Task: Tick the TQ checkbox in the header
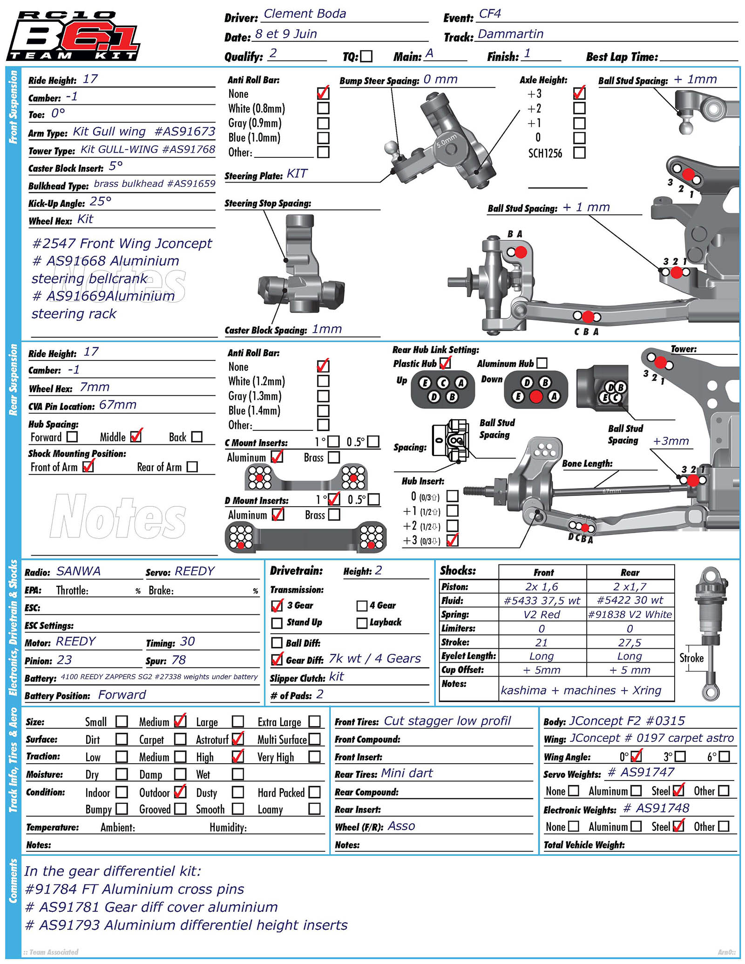pyautogui.click(x=366, y=56)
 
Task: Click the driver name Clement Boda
pyautogui.click(x=305, y=14)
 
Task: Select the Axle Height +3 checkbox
pyautogui.click(x=579, y=93)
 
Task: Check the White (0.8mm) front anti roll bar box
pyautogui.click(x=323, y=108)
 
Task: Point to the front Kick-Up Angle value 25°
pyautogui.click(x=101, y=202)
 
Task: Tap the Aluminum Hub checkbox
pyautogui.click(x=542, y=363)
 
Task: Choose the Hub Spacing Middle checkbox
pyautogui.click(x=136, y=436)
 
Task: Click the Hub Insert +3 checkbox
pyautogui.click(x=452, y=540)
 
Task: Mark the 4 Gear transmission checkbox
pyautogui.click(x=362, y=605)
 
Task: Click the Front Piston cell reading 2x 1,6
pyautogui.click(x=542, y=587)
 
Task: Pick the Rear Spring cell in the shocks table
pyautogui.click(x=630, y=614)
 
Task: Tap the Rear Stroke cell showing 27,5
pyautogui.click(x=630, y=643)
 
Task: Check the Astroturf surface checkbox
pyautogui.click(x=237, y=739)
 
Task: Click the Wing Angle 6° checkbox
pyautogui.click(x=724, y=757)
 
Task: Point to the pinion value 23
pyautogui.click(x=64, y=660)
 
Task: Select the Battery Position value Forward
pyautogui.click(x=122, y=695)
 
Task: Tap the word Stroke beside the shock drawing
pyautogui.click(x=691, y=658)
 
